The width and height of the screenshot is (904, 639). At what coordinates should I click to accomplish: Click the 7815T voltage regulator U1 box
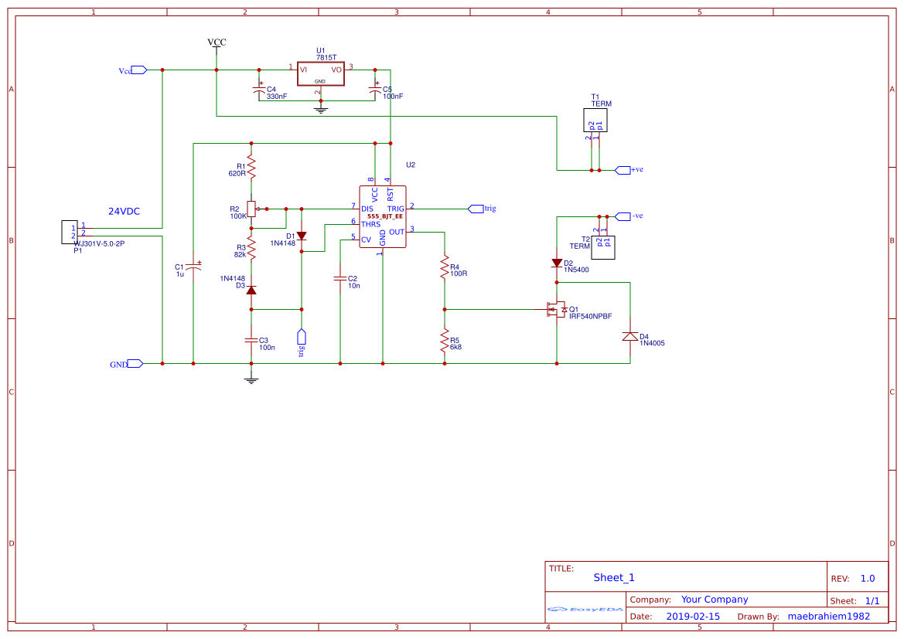point(320,74)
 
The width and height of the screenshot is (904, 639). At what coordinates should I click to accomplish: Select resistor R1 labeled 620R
point(251,167)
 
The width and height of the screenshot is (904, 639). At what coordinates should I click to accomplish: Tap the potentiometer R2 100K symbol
point(251,209)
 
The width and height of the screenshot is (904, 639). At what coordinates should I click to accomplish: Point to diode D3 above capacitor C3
point(251,289)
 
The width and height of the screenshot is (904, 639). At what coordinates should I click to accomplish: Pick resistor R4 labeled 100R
point(445,268)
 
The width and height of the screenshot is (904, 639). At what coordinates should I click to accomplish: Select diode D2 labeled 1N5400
point(557,263)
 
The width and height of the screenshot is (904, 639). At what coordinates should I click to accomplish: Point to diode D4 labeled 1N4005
point(629,337)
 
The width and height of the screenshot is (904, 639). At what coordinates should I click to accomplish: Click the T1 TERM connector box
point(595,121)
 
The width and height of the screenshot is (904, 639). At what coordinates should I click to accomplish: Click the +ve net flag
point(623,170)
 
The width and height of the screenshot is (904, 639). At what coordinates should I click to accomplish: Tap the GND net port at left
point(135,363)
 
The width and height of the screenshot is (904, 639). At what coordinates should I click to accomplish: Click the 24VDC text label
point(124,211)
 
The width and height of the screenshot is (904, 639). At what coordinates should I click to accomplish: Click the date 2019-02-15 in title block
point(692,617)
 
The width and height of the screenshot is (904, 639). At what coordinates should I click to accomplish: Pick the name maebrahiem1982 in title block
point(828,617)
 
